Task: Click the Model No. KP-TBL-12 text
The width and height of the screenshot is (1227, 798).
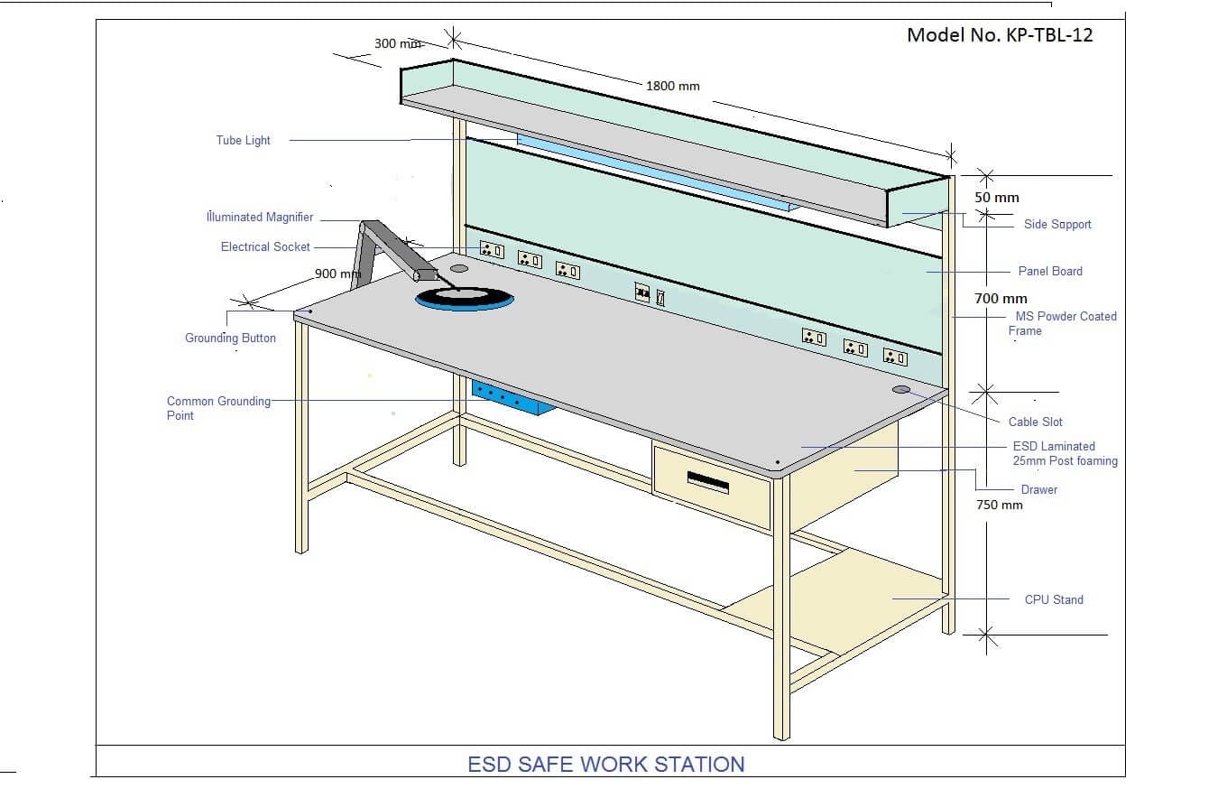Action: (1000, 35)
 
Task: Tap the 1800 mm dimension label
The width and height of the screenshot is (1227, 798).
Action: (673, 86)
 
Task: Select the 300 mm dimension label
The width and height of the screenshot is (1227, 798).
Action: (398, 43)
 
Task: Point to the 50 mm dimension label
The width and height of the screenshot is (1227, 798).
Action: (996, 198)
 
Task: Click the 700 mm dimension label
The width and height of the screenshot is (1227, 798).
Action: (1001, 299)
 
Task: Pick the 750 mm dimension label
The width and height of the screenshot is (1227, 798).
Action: (999, 505)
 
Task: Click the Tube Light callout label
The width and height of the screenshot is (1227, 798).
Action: (244, 140)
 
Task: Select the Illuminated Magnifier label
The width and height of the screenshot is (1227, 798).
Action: (260, 217)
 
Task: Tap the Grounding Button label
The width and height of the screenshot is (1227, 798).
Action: (230, 339)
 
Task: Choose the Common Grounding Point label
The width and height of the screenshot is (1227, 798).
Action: (218, 408)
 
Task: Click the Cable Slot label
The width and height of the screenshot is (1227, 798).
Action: (1036, 422)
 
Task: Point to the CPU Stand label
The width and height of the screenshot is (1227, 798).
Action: (1054, 600)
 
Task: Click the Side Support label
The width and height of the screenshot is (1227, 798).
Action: (1057, 224)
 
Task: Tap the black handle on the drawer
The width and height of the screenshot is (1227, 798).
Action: (707, 482)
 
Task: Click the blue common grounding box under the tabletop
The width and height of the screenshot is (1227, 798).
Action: (512, 397)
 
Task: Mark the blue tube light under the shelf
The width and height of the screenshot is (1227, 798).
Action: (658, 172)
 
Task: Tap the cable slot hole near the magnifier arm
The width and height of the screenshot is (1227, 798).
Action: (459, 269)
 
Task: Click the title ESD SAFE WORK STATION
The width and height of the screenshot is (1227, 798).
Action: (606, 765)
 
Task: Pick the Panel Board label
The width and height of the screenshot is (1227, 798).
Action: (1050, 272)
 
